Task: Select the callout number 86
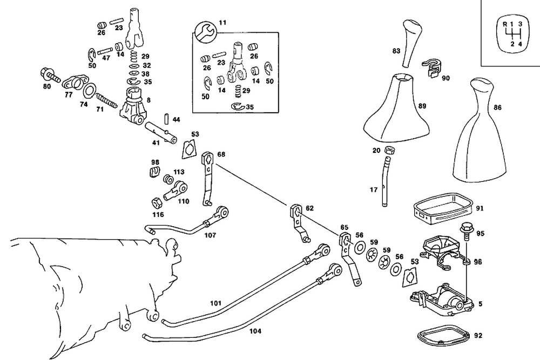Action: pyautogui.click(x=497, y=108)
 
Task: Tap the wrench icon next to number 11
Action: pyautogui.click(x=205, y=31)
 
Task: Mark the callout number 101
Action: pyautogui.click(x=216, y=304)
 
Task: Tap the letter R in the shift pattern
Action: pyautogui.click(x=504, y=24)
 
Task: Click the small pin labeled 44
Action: pyautogui.click(x=167, y=118)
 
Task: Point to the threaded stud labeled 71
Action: pyautogui.click(x=107, y=100)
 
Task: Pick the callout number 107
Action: pyautogui.click(x=210, y=235)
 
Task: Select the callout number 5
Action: pyautogui.click(x=481, y=304)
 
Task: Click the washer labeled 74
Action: pyautogui.click(x=90, y=89)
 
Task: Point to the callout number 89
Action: pyautogui.click(x=422, y=106)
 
